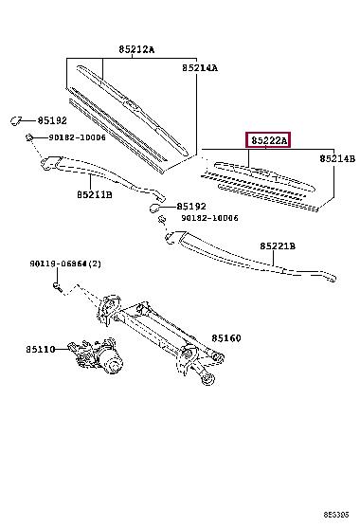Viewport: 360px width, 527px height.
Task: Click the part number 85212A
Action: (136, 49)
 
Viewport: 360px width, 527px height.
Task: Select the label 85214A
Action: (200, 68)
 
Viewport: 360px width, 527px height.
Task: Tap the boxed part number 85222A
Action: (269, 140)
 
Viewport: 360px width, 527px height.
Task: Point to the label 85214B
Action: (337, 158)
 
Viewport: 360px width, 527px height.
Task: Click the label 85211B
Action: (95, 194)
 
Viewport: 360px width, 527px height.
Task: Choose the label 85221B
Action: (278, 246)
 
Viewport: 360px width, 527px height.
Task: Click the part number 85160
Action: (226, 338)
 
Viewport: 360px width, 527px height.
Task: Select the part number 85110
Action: (41, 349)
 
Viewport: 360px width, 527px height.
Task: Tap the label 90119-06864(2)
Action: (65, 263)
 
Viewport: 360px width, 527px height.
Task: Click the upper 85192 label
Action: (52, 120)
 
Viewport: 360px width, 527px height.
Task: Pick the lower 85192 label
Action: (191, 207)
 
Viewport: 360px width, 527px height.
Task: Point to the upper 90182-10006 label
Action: (78, 137)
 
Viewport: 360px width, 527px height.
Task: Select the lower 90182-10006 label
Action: (210, 218)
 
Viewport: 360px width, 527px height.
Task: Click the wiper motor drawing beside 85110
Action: (96, 355)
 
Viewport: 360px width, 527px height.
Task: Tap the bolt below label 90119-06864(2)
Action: (57, 286)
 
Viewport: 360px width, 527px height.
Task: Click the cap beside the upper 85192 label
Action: (15, 120)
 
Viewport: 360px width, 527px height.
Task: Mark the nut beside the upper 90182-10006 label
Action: (29, 137)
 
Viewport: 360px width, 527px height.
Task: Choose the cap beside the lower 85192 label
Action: (154, 208)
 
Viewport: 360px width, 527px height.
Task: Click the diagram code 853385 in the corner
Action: (336, 515)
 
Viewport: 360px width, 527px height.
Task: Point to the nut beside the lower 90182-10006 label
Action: (162, 220)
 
